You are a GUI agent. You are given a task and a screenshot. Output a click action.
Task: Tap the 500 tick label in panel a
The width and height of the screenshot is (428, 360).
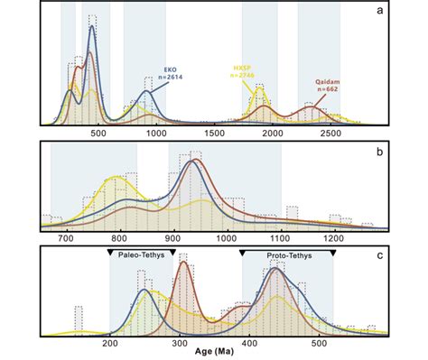pos(99,133)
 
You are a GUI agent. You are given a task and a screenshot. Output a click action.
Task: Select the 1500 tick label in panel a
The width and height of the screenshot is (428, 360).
pos(214,133)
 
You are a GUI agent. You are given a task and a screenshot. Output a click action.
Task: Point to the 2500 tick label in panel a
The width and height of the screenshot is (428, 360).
pos(330,133)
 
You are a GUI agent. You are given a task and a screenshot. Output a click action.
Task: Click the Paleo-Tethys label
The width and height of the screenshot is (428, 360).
pos(143,256)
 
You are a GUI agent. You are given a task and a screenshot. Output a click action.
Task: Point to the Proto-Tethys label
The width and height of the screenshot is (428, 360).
pos(287,256)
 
